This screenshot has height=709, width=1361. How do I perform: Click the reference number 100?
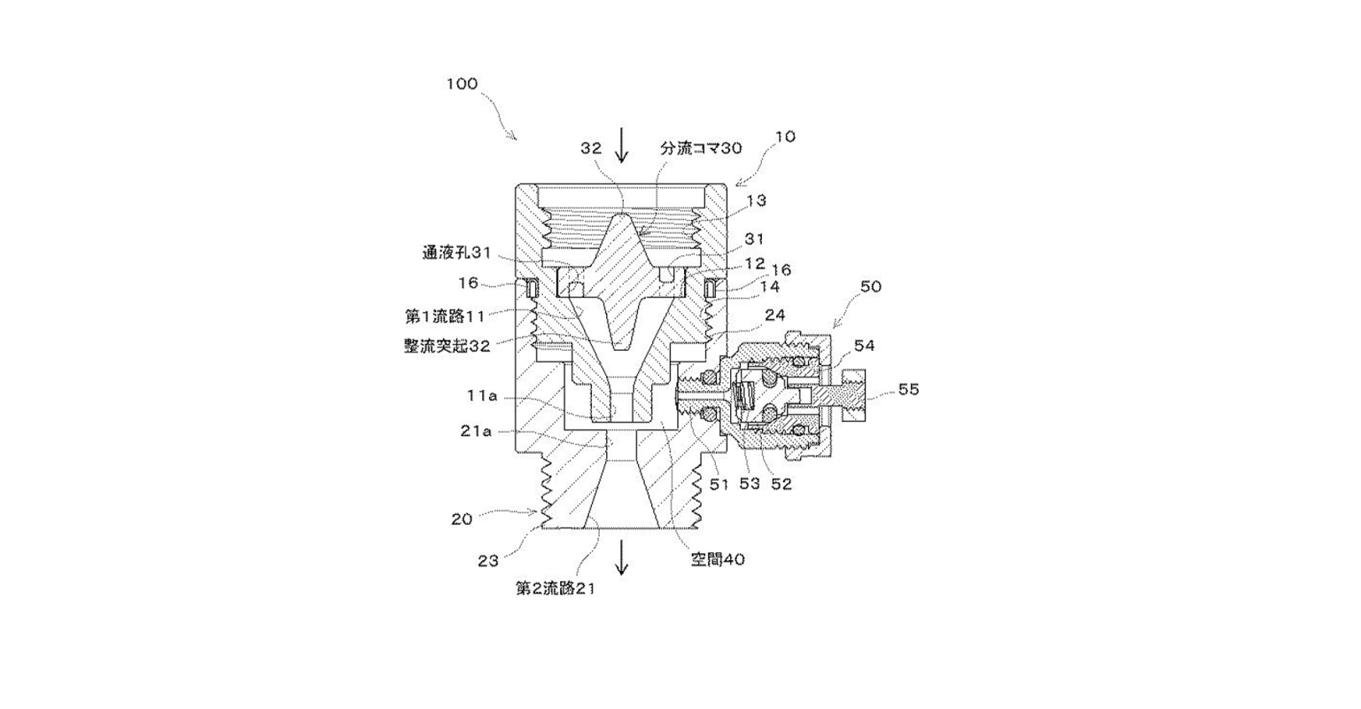point(462,84)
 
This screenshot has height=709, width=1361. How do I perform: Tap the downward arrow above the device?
point(621,145)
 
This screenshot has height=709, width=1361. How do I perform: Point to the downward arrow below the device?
point(621,558)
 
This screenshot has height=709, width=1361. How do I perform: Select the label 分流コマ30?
point(700,148)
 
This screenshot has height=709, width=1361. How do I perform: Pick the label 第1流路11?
point(447,315)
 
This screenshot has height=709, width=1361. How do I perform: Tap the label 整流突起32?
point(447,347)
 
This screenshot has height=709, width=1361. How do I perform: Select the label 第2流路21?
point(555,587)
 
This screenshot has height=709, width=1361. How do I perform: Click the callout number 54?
point(864,346)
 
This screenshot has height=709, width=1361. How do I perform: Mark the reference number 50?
point(871,287)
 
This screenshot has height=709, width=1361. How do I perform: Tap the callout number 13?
point(756,201)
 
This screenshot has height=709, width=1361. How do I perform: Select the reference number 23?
point(488,560)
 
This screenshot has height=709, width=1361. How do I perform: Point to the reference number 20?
point(462,519)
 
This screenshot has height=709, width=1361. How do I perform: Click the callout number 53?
point(750,484)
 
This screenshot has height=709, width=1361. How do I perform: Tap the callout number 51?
point(718,484)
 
